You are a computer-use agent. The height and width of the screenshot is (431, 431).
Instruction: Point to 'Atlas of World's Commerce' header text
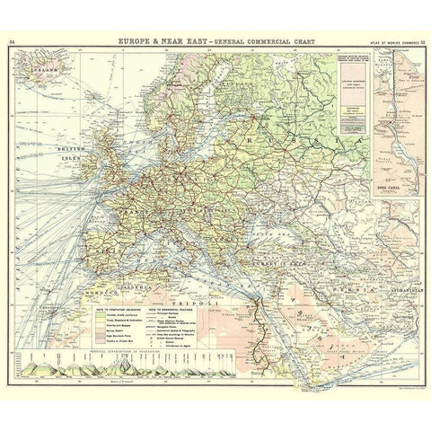[386, 42]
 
